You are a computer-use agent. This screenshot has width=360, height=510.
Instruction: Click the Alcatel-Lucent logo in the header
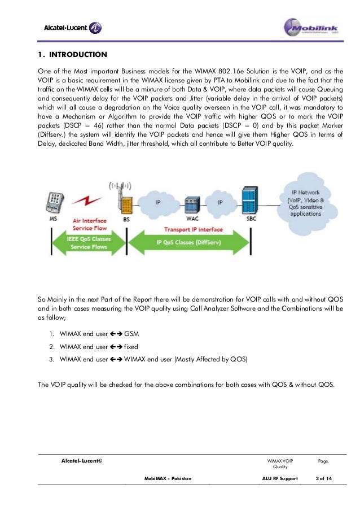point(73,28)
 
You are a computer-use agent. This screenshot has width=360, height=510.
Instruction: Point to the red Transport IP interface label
point(194,230)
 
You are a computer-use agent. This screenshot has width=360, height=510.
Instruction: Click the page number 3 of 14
point(324,478)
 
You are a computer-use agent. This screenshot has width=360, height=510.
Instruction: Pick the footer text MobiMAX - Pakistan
point(168,478)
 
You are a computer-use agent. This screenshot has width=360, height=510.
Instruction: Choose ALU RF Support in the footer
point(276,478)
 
